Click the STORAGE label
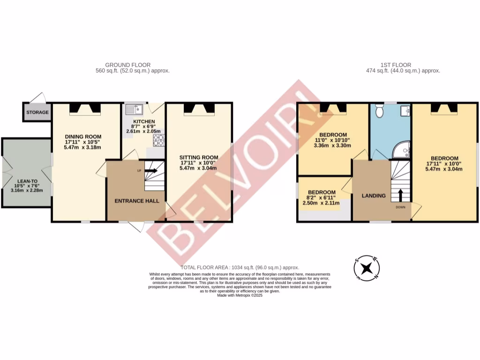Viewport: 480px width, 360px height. [x=37, y=112]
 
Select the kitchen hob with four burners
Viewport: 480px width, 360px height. [x=157, y=139]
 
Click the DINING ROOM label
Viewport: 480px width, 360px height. [x=83, y=137]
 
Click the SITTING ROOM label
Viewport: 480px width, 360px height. [x=199, y=157]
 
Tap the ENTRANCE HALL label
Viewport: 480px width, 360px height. [x=137, y=201]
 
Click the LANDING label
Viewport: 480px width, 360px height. [x=374, y=195]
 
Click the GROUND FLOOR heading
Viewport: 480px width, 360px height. [x=127, y=65]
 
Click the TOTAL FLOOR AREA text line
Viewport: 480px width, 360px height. [x=240, y=267]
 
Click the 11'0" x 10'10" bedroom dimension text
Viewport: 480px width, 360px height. [x=332, y=140]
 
